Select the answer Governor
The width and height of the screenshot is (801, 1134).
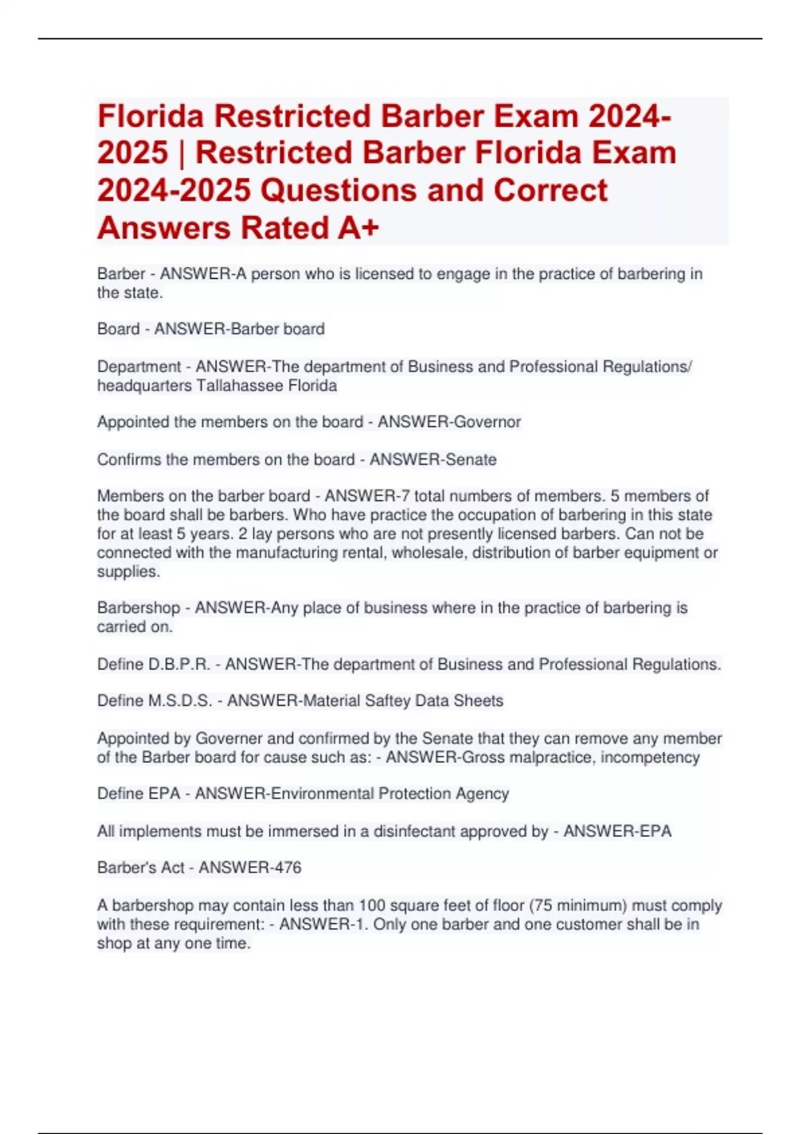tap(487, 422)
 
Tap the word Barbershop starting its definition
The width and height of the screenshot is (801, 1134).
tap(138, 608)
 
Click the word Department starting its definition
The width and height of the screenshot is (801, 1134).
tap(139, 367)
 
